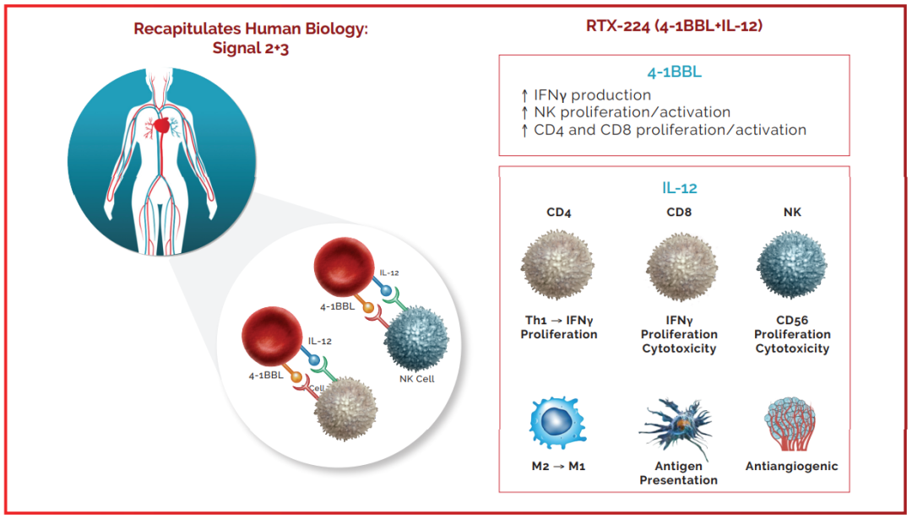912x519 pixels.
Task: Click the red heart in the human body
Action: [x=162, y=125]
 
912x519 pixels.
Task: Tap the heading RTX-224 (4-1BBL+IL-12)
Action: [x=674, y=26]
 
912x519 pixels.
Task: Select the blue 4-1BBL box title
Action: [x=674, y=72]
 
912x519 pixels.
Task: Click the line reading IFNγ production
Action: [x=586, y=95]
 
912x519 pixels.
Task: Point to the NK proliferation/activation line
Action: [x=625, y=112]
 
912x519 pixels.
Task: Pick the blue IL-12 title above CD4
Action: [x=679, y=187]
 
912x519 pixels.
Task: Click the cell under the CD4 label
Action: [x=558, y=265]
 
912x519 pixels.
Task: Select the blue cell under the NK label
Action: [x=791, y=265]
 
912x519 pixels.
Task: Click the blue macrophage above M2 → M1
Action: [x=557, y=423]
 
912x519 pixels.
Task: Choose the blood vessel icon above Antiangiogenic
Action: [x=790, y=424]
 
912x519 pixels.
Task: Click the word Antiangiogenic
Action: [x=791, y=466]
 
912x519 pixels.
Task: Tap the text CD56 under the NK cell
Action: [x=792, y=320]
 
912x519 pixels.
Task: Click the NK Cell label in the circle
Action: [x=417, y=379]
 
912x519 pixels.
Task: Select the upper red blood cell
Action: [x=344, y=267]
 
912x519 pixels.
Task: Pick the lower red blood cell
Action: [x=272, y=337]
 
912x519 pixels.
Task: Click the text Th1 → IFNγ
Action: [x=559, y=320]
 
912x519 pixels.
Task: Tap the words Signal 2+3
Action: [x=251, y=47]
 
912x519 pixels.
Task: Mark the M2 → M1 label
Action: [x=558, y=466]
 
